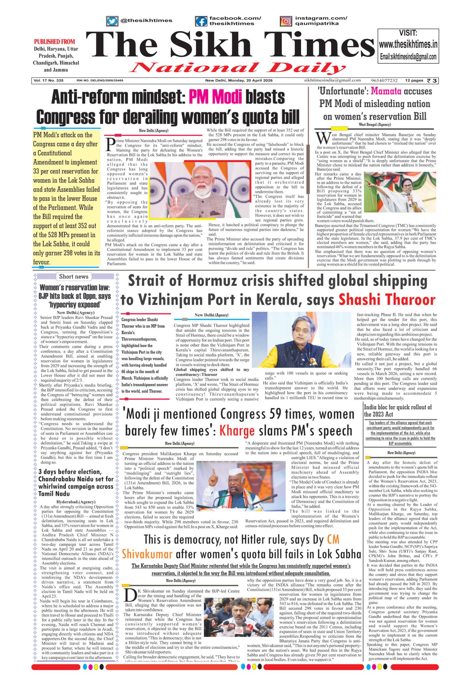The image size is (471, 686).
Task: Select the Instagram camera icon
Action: [285, 21]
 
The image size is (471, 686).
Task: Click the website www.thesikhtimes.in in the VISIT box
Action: [408, 45]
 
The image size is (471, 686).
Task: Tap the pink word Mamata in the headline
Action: [385, 91]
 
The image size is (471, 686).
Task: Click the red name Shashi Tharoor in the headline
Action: [387, 300]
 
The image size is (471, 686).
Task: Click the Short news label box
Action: [74, 276]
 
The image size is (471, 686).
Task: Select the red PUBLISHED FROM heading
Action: [54, 42]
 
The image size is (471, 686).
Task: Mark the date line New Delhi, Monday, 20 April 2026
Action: [239, 81]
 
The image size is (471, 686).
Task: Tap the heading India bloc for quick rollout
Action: [397, 410]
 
